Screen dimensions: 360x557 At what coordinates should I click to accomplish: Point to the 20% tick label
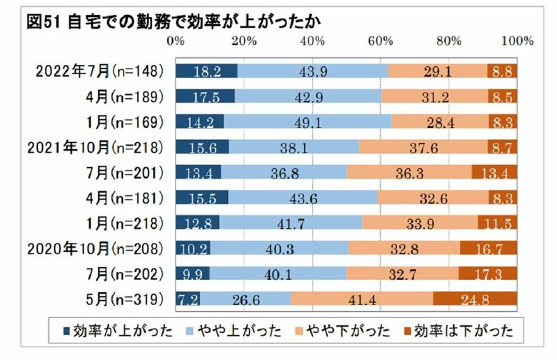244,41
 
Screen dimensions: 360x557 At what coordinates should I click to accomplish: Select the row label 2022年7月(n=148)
100,71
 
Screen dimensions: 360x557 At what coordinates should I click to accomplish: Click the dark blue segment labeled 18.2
206,71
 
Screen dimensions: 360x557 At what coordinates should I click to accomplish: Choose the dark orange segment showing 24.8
475,297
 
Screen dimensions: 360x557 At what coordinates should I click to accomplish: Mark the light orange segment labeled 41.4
361,297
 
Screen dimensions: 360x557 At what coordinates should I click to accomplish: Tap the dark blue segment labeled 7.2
187,297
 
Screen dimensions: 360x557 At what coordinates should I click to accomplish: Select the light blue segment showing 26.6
245,297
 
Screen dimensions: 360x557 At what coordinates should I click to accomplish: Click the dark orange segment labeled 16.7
488,247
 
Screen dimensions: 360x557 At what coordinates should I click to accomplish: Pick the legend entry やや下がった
342,330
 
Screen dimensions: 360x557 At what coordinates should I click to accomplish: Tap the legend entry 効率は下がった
461,330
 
